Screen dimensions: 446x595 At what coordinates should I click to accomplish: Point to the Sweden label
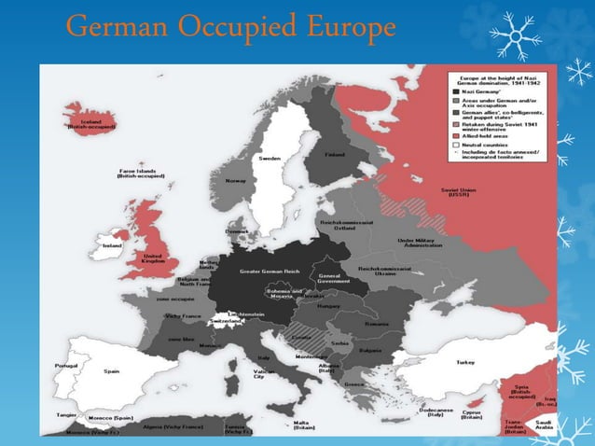pos(270,159)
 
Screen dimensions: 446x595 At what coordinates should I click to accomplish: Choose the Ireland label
pos(111,245)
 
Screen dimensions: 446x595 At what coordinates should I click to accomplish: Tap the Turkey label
pos(464,362)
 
